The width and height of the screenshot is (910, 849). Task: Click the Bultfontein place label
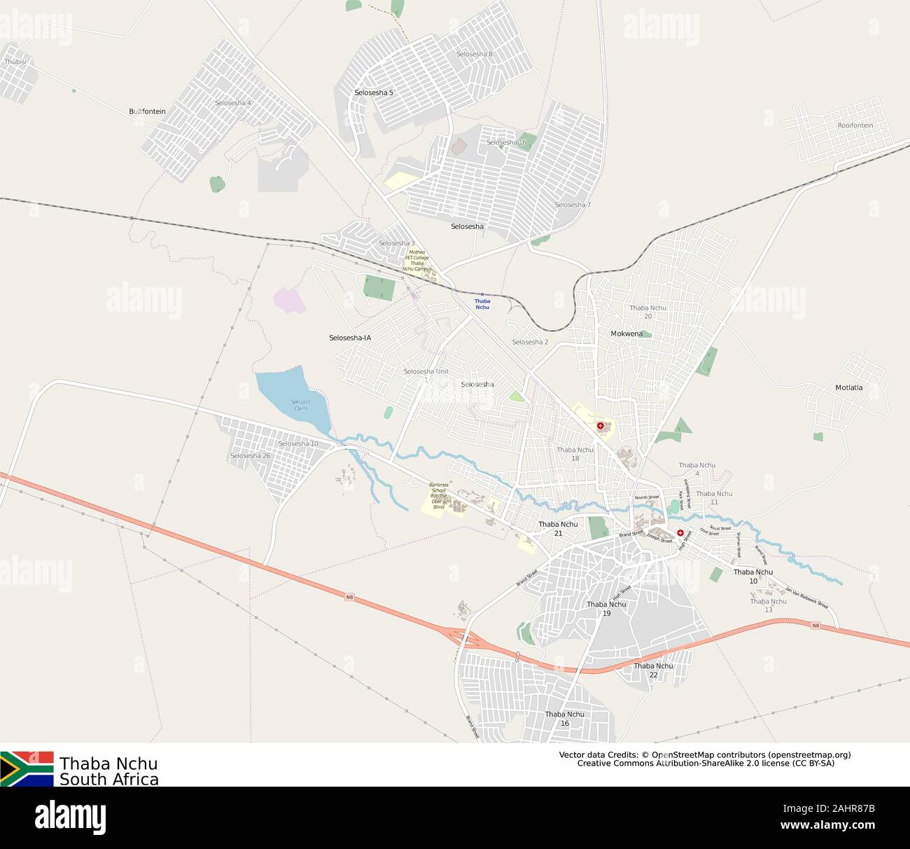[147, 111]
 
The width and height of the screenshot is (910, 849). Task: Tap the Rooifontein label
[855, 125]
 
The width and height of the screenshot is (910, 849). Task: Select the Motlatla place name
[848, 387]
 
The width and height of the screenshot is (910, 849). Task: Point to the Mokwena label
[626, 333]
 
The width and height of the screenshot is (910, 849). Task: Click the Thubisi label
[15, 62]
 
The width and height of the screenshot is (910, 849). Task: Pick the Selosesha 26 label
[250, 456]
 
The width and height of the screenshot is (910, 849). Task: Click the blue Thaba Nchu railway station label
[482, 304]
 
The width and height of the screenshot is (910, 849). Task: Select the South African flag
[27, 768]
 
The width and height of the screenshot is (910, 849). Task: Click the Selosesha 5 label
[374, 92]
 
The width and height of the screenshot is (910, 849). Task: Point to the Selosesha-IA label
[350, 338]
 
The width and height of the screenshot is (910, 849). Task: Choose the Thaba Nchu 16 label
[564, 719]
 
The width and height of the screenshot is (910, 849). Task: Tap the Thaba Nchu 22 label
[653, 670]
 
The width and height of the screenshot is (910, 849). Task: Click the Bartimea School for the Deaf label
[438, 495]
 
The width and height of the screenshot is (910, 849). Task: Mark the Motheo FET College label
[417, 260]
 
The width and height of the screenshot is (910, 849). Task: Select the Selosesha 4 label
[233, 103]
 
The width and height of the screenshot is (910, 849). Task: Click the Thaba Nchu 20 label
[647, 312]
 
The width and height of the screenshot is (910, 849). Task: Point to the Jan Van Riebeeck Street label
[806, 597]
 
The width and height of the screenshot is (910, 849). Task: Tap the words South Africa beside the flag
[109, 780]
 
